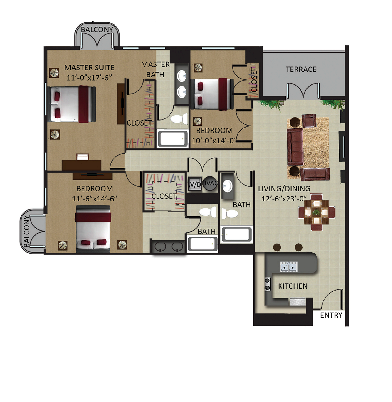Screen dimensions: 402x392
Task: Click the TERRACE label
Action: (x=301, y=69)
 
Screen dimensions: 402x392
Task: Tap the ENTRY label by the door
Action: (x=331, y=315)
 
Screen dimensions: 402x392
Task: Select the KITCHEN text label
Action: (x=293, y=286)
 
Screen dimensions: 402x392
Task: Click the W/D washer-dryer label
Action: (x=194, y=184)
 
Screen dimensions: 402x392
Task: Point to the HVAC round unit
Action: (x=210, y=183)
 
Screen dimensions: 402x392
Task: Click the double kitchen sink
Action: (x=289, y=267)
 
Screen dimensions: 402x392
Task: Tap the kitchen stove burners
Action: (x=267, y=284)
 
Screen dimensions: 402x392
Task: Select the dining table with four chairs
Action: (x=316, y=213)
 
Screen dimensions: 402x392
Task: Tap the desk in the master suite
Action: (x=81, y=164)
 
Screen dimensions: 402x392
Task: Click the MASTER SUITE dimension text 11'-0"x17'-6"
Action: (x=89, y=78)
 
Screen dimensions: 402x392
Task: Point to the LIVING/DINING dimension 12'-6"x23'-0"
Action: (x=284, y=199)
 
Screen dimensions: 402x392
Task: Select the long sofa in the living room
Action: (x=295, y=147)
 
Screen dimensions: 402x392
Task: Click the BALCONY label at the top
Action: (x=97, y=29)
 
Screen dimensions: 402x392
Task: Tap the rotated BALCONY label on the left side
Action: (x=27, y=231)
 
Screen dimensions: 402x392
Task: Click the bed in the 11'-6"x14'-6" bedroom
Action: (x=93, y=229)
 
